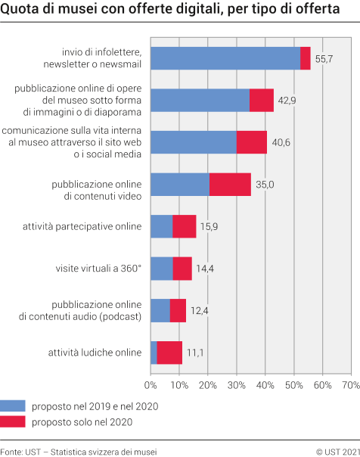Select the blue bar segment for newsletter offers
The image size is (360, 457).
(x=225, y=58)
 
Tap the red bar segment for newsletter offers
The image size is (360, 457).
(x=306, y=58)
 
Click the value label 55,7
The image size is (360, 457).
(x=324, y=58)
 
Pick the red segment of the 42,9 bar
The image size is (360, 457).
(x=262, y=100)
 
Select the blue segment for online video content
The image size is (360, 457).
(x=180, y=184)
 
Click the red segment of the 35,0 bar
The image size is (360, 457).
(x=230, y=184)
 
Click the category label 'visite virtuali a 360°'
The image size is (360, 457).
(x=98, y=269)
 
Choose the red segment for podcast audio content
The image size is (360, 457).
(x=178, y=310)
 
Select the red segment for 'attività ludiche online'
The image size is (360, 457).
(x=169, y=353)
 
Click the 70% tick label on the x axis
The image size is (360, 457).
(x=350, y=386)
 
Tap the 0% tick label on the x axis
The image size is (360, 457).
(x=151, y=386)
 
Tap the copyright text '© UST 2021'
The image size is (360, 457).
(x=337, y=450)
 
